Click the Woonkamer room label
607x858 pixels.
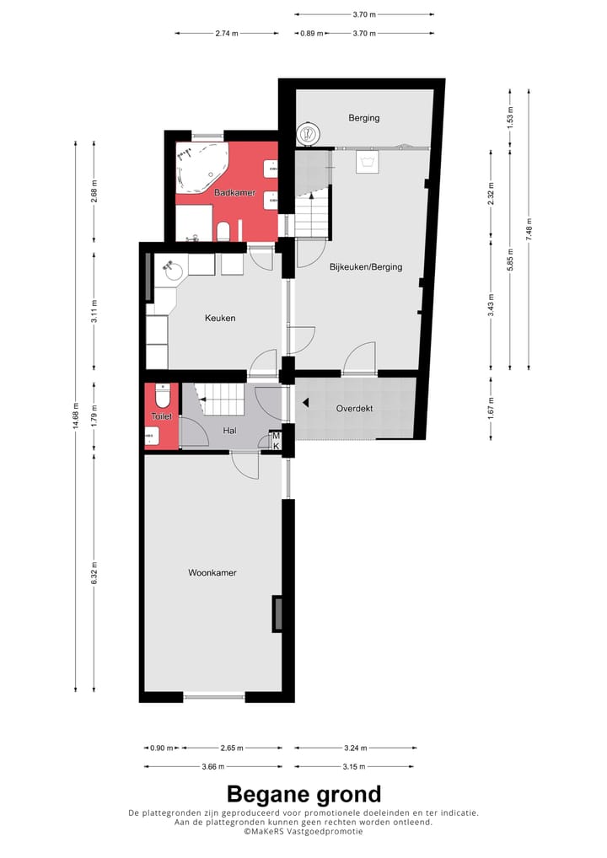[x=212, y=572]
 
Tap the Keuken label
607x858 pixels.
[x=220, y=318]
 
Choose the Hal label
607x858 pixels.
[x=228, y=430]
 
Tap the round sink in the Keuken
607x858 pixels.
[x=174, y=271]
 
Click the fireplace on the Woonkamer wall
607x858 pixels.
[x=277, y=614]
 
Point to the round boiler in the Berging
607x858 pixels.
[x=309, y=132]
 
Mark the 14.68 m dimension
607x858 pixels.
[x=76, y=419]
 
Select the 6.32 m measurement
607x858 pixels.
[x=94, y=576]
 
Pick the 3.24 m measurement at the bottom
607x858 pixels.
[x=355, y=748]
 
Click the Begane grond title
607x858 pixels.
[x=303, y=794]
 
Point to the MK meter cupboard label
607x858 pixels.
[x=275, y=440]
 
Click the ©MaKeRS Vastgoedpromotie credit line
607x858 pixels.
[x=303, y=831]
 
